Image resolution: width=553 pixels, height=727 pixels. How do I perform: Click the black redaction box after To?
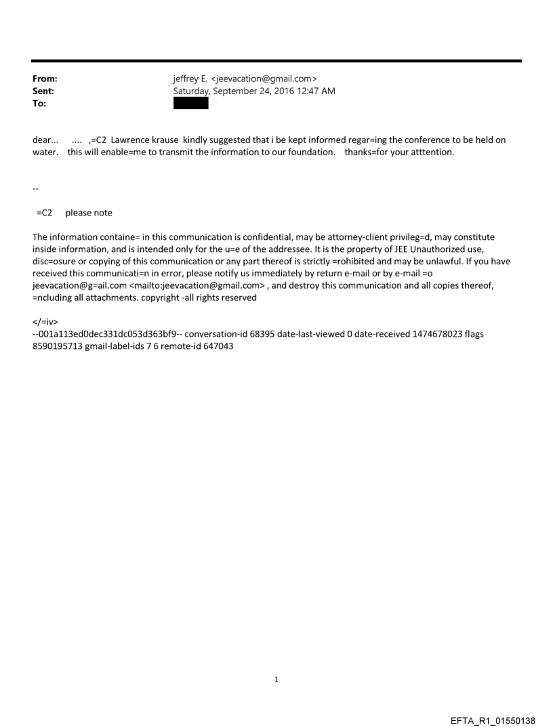(x=191, y=103)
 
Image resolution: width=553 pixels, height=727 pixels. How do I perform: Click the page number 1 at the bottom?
(x=276, y=679)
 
